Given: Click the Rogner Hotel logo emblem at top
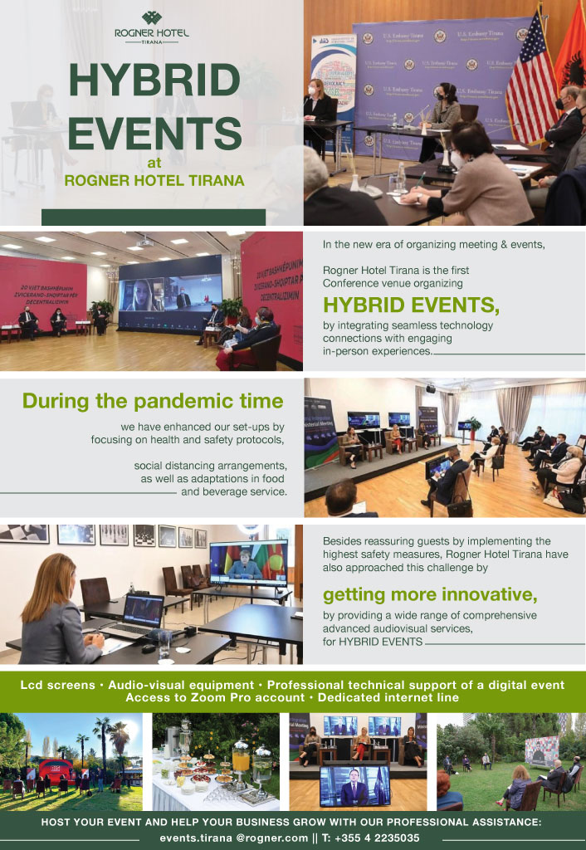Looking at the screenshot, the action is [x=152, y=18].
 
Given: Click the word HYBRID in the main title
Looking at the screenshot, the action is [x=154, y=81].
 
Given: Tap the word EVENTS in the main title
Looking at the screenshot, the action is [x=154, y=134].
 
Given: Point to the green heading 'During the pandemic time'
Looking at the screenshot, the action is [x=153, y=402].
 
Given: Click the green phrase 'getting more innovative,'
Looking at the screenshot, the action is [x=430, y=594].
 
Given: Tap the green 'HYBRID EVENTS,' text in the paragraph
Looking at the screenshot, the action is [x=411, y=305].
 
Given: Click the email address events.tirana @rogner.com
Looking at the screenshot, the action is [x=233, y=838].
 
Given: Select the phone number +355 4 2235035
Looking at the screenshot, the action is [x=370, y=838].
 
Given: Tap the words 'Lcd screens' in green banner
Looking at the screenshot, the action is [x=57, y=685].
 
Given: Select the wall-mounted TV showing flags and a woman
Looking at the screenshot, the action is [x=249, y=563].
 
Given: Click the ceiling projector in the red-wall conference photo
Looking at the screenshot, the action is [x=144, y=242].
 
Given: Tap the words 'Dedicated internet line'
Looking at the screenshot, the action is [x=388, y=697].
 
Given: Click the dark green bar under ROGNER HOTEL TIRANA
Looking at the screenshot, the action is [x=154, y=217].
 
